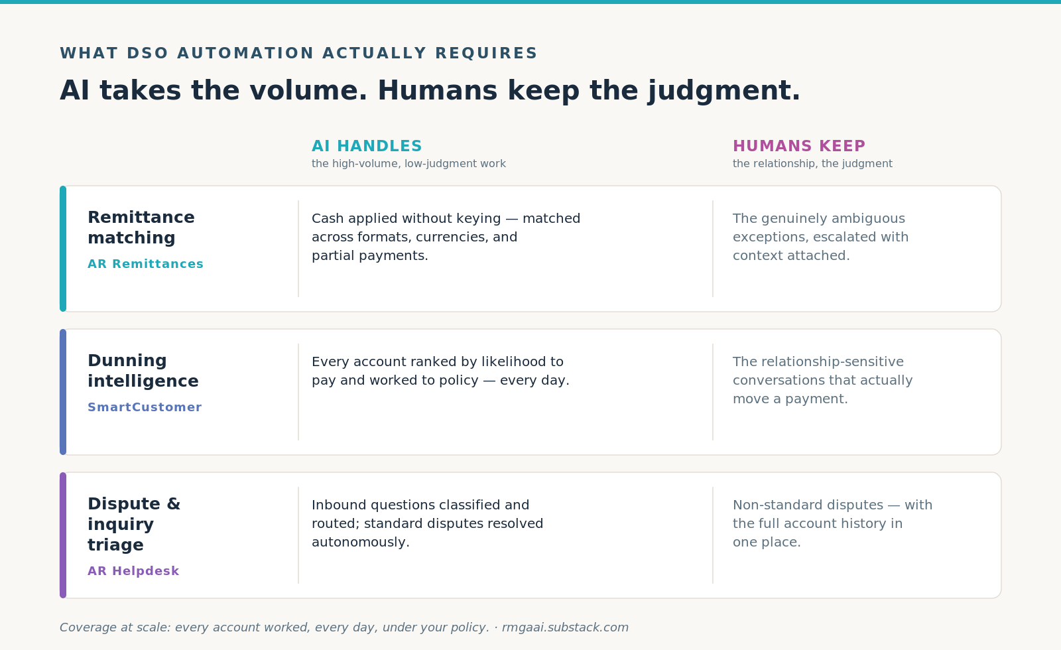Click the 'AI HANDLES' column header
click(367, 146)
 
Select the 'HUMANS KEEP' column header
click(799, 146)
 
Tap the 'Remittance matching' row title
click(141, 227)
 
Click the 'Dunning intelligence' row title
click(143, 371)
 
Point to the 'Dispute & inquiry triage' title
click(134, 524)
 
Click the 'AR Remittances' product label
click(145, 264)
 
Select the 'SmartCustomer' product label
click(145, 407)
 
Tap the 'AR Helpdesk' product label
click(133, 571)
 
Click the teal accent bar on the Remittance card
click(63, 249)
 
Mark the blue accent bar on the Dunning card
click(63, 392)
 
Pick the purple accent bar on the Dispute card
click(63, 535)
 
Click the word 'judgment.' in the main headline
click(723, 91)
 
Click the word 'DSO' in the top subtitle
click(147, 53)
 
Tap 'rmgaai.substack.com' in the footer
click(565, 627)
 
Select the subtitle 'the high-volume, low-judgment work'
click(408, 164)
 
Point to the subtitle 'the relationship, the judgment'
click(812, 164)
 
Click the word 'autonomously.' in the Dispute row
click(361, 542)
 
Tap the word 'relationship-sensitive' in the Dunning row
click(818, 362)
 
